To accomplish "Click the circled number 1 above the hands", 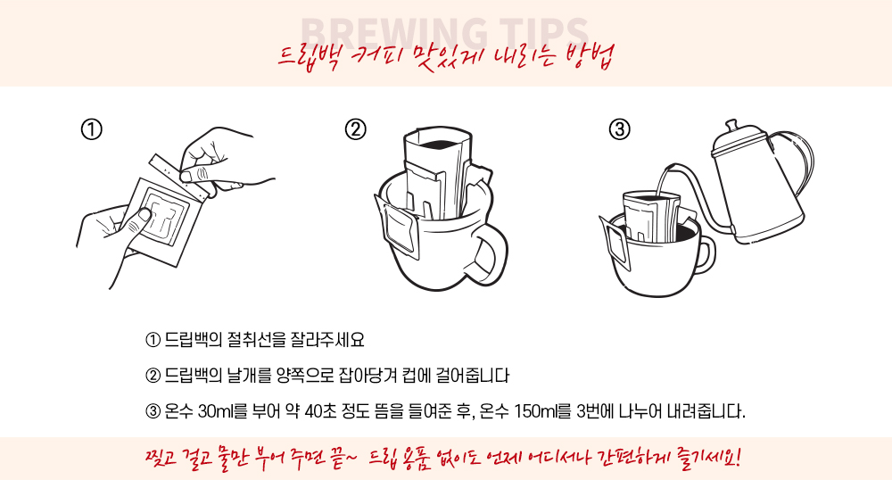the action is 92,129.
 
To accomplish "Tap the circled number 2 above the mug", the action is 356,129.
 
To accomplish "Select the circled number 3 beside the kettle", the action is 620,129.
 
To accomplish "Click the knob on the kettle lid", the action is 732,125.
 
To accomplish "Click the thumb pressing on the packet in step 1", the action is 138,219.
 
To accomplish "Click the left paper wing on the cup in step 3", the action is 615,243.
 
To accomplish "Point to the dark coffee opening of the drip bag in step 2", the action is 438,143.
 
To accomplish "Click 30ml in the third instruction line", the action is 214,410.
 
